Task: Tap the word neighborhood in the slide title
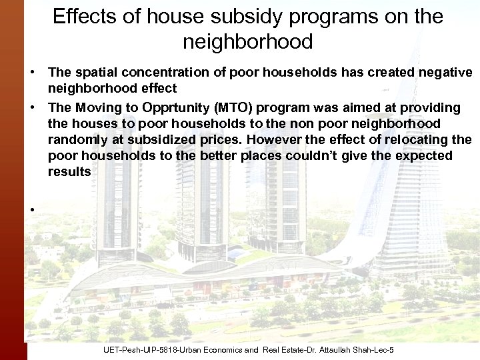(247, 43)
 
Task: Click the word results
(69, 171)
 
